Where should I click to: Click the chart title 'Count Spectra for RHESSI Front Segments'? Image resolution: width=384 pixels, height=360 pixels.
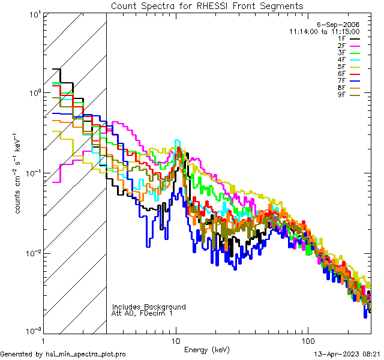coord(207,5)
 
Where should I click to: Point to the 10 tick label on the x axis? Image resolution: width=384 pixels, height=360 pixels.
coord(176,339)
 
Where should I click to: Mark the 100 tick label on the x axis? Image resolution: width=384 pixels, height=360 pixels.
coord(308,339)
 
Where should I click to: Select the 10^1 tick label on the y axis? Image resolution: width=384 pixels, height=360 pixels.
coord(34,13)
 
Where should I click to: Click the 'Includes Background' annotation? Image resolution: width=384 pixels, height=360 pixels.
coord(149,307)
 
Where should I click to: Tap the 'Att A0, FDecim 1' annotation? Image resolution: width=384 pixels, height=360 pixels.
coord(142,313)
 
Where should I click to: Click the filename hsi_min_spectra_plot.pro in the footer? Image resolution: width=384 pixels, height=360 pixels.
coord(86,354)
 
